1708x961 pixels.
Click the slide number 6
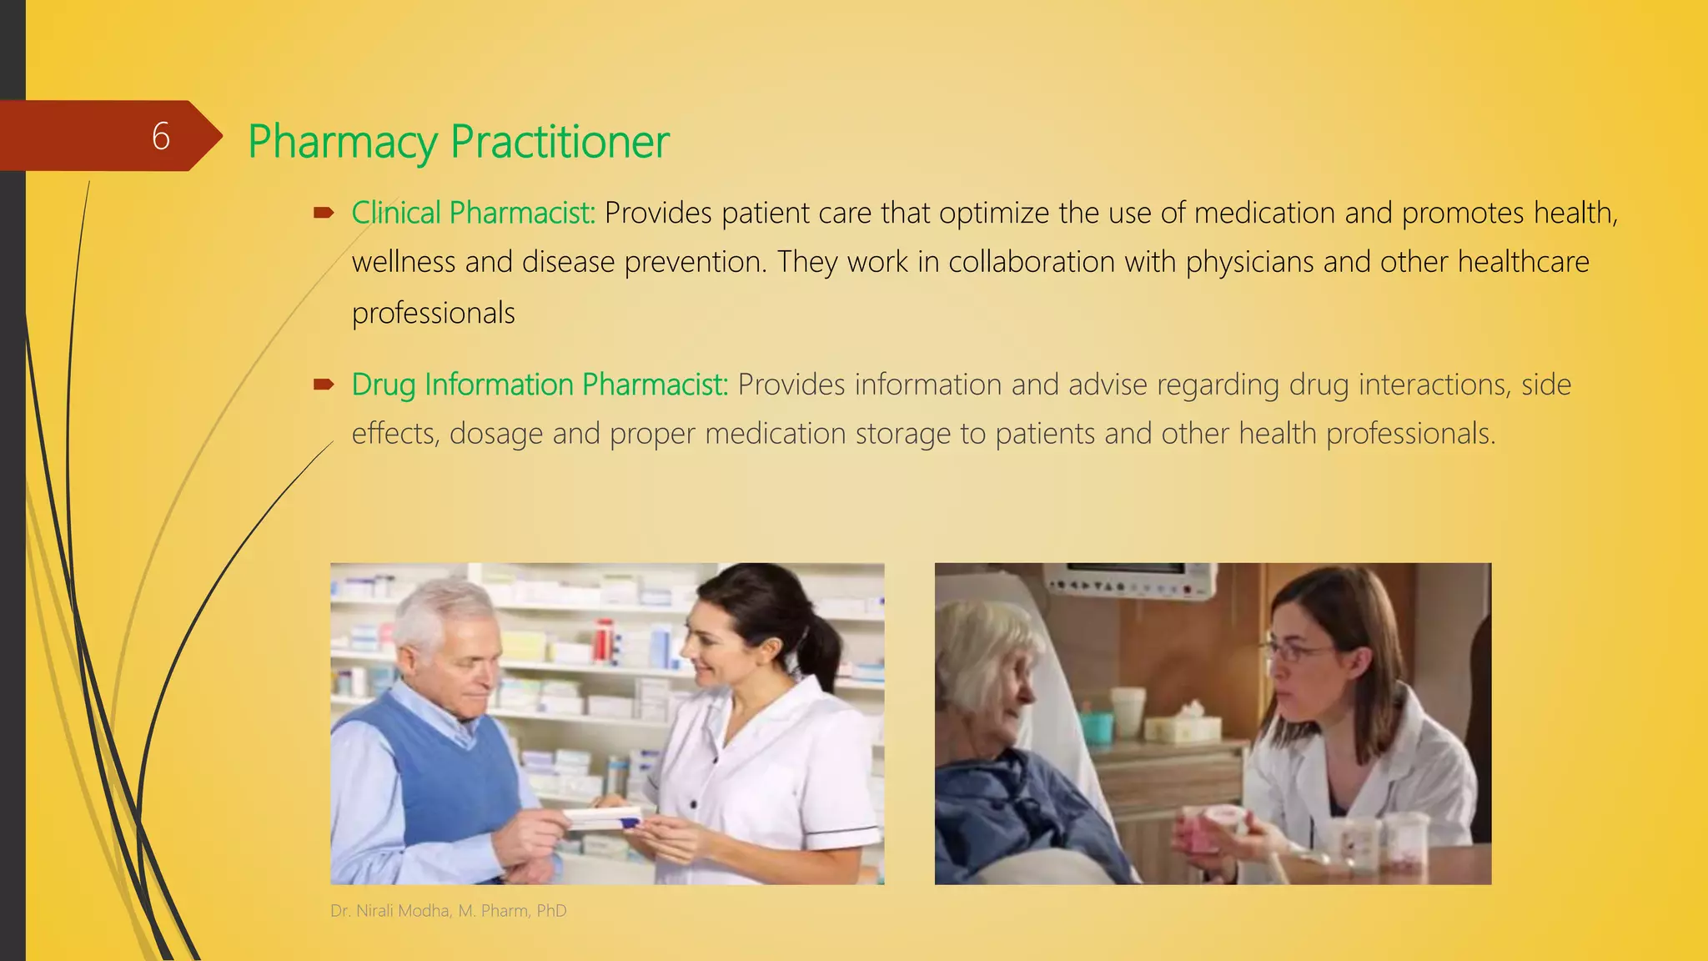(x=161, y=136)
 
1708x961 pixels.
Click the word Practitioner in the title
(x=560, y=141)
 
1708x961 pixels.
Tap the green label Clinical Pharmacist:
(x=473, y=214)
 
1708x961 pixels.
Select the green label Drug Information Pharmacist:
(x=540, y=385)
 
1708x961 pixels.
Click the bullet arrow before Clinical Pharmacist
(x=324, y=214)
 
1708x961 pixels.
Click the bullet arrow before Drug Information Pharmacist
(x=324, y=385)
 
